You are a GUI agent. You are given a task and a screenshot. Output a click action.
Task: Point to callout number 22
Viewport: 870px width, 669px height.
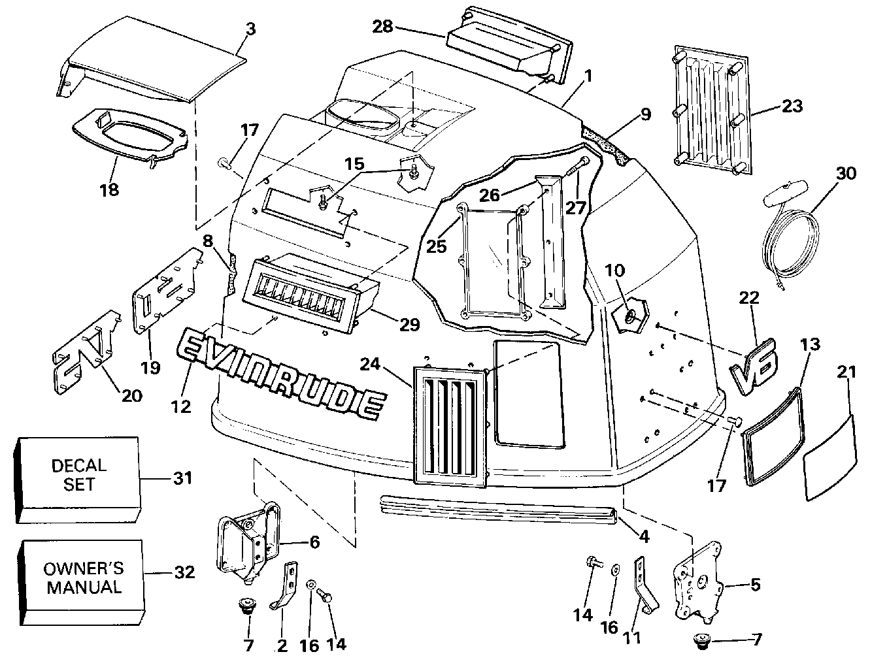click(749, 298)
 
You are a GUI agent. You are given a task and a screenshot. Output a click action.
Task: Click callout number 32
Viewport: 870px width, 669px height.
click(185, 572)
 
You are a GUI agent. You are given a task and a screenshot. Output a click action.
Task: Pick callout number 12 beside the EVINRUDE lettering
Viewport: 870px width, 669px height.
click(180, 406)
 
